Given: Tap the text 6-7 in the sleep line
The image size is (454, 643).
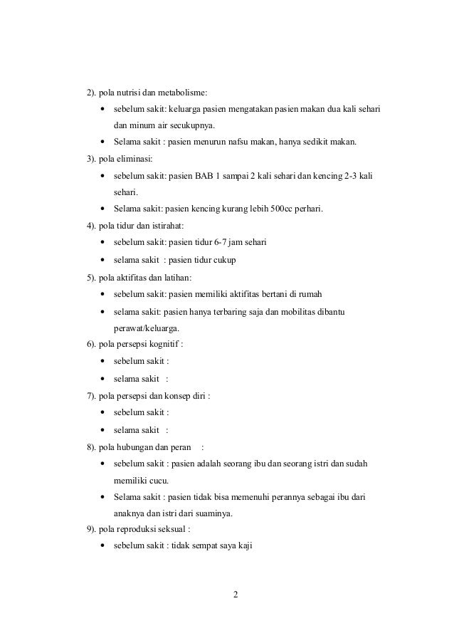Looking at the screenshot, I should point(221,243).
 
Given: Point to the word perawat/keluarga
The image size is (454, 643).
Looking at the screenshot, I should point(146,328).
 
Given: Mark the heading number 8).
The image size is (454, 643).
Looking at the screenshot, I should point(92,446).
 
